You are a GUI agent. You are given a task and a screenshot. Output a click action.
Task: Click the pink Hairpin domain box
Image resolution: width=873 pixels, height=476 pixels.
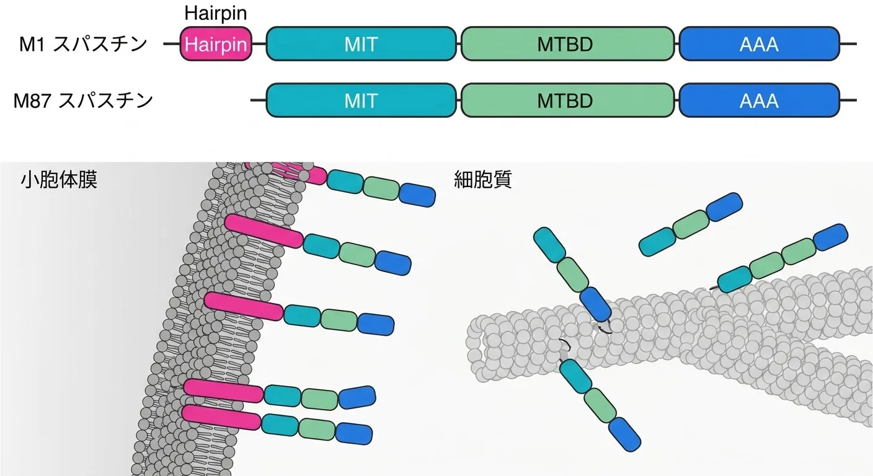(216, 43)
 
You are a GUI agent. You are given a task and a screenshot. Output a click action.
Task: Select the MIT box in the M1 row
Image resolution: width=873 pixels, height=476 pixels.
(361, 43)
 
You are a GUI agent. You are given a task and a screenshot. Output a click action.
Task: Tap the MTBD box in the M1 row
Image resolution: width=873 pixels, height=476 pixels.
(567, 43)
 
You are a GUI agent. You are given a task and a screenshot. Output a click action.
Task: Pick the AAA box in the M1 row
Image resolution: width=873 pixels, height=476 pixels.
(759, 43)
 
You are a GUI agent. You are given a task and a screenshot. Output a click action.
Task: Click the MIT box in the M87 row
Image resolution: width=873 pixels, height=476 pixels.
(361, 100)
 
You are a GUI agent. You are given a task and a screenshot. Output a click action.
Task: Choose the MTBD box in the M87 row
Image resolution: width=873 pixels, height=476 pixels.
(567, 100)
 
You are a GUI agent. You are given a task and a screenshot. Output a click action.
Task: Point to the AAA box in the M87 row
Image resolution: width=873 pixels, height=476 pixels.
(759, 100)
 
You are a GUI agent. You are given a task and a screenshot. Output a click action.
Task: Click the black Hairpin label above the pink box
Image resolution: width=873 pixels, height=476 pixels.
(216, 13)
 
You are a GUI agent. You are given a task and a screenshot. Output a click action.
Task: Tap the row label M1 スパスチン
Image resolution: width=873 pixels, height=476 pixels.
(83, 44)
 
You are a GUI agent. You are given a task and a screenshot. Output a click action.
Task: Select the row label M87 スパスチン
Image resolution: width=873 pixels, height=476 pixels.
(83, 100)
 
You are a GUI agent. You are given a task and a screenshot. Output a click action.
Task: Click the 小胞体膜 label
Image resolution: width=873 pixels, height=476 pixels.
(59, 180)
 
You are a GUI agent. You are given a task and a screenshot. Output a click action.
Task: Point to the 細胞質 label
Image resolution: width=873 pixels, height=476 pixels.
(483, 180)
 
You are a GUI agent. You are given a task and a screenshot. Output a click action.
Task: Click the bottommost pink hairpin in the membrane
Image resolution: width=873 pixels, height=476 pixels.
(221, 418)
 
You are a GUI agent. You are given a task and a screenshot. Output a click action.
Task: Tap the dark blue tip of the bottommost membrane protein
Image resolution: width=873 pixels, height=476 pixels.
(354, 433)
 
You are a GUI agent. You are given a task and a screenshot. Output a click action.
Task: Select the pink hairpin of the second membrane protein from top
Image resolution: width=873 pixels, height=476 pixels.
(264, 231)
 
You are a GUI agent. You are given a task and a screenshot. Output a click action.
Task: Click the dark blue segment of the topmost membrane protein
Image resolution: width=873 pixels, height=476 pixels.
(417, 195)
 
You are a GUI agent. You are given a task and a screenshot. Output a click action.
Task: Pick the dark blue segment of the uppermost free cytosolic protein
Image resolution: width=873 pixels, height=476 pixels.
(724, 207)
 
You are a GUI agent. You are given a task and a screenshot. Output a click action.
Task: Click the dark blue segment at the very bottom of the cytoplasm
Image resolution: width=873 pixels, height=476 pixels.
(624, 434)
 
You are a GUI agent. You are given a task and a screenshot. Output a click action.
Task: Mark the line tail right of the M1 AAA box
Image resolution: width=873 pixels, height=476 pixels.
(848, 43)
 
